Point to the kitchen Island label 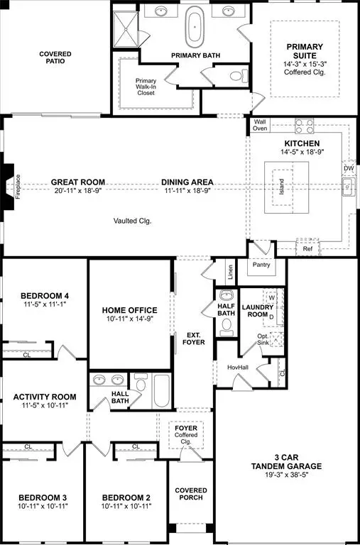pos(281,187)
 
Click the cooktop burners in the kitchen pos(305,126)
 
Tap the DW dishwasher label pos(347,168)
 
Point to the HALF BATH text pos(227,310)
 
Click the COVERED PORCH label pos(191,495)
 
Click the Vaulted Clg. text pos(132,221)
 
